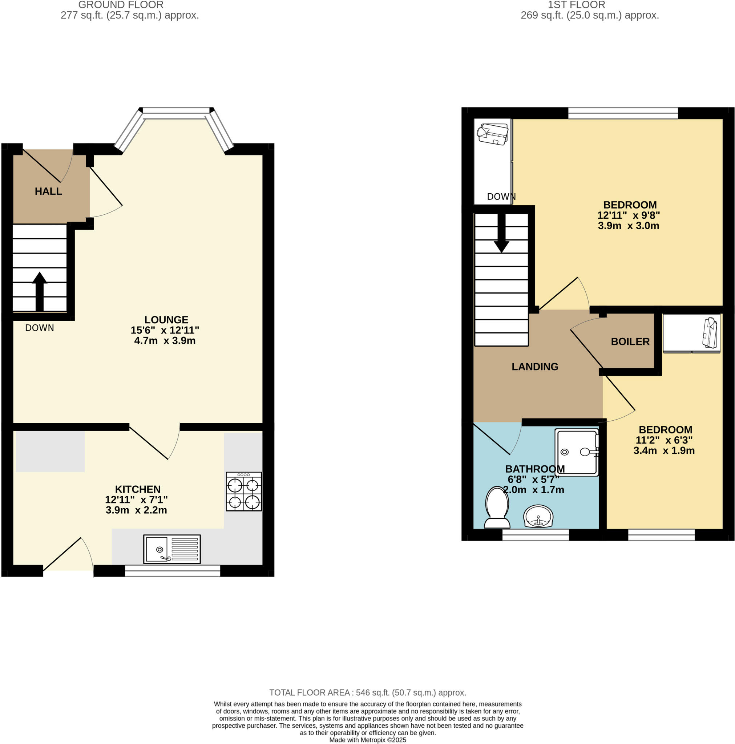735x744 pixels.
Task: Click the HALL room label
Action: click(x=48, y=191)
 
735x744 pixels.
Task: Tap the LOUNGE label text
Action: click(x=166, y=320)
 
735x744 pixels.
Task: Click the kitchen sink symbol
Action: click(x=172, y=549)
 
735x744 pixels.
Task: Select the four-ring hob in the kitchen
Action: click(x=243, y=492)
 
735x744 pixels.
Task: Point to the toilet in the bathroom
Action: click(x=497, y=508)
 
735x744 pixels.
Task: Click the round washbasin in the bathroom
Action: click(x=538, y=516)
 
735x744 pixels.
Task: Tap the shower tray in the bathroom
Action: click(x=576, y=453)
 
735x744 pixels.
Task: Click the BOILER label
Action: click(x=630, y=341)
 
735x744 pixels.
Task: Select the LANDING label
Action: click(x=535, y=367)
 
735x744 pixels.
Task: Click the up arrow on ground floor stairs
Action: click(x=39, y=291)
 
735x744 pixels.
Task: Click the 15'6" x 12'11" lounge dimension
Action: click(x=165, y=330)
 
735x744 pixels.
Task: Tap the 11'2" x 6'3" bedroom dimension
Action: click(x=664, y=440)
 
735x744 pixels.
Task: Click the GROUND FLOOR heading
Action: click(x=121, y=5)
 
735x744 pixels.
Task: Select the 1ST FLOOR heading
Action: click(x=576, y=5)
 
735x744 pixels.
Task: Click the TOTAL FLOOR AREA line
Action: click(x=368, y=693)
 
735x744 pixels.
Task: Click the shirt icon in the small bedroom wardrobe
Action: click(x=710, y=333)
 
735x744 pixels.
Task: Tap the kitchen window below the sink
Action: click(x=172, y=571)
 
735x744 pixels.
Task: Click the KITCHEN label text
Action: click(x=138, y=489)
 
